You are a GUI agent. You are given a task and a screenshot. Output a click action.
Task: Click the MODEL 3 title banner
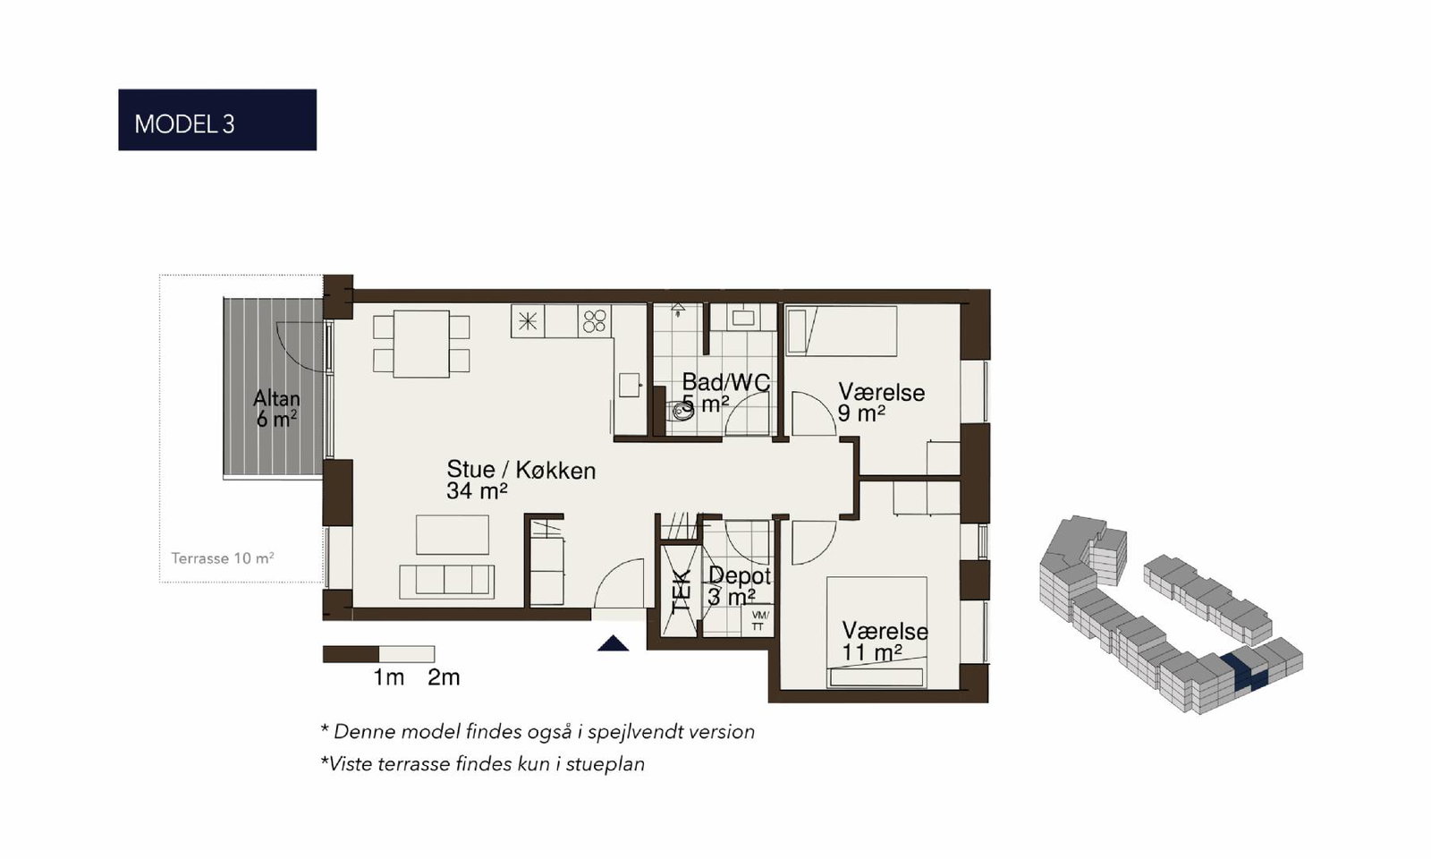pyautogui.click(x=217, y=120)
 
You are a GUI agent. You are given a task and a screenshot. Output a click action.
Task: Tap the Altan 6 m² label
pyautogui.click(x=276, y=409)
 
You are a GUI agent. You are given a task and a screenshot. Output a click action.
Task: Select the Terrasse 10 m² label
pyautogui.click(x=223, y=558)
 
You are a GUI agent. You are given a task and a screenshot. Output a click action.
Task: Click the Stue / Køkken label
pyautogui.click(x=521, y=480)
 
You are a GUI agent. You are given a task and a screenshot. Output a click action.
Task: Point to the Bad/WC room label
pyautogui.click(x=725, y=382)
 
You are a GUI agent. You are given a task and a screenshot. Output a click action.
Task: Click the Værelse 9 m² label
pyautogui.click(x=881, y=403)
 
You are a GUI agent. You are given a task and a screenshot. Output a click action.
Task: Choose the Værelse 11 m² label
pyautogui.click(x=885, y=642)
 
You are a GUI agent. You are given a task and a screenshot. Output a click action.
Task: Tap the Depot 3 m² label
pyautogui.click(x=739, y=586)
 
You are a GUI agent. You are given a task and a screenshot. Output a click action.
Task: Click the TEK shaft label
pyautogui.click(x=682, y=591)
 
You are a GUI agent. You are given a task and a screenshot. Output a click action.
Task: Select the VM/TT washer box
pyautogui.click(x=758, y=620)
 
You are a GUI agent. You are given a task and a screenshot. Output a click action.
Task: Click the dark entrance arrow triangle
pyautogui.click(x=613, y=643)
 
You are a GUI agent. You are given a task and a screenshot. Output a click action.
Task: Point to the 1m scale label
pyautogui.click(x=388, y=677)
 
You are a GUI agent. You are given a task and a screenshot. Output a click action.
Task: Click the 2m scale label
pyautogui.click(x=444, y=677)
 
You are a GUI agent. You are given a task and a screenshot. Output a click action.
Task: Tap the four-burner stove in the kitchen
pyautogui.click(x=595, y=321)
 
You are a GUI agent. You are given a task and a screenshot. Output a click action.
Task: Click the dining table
pyautogui.click(x=421, y=344)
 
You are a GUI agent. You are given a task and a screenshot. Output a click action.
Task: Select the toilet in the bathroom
pyautogui.click(x=681, y=411)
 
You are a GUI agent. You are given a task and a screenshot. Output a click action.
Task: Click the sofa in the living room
pyautogui.click(x=447, y=582)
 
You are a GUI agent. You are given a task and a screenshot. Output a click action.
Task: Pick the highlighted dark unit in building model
pyautogui.click(x=1243, y=672)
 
